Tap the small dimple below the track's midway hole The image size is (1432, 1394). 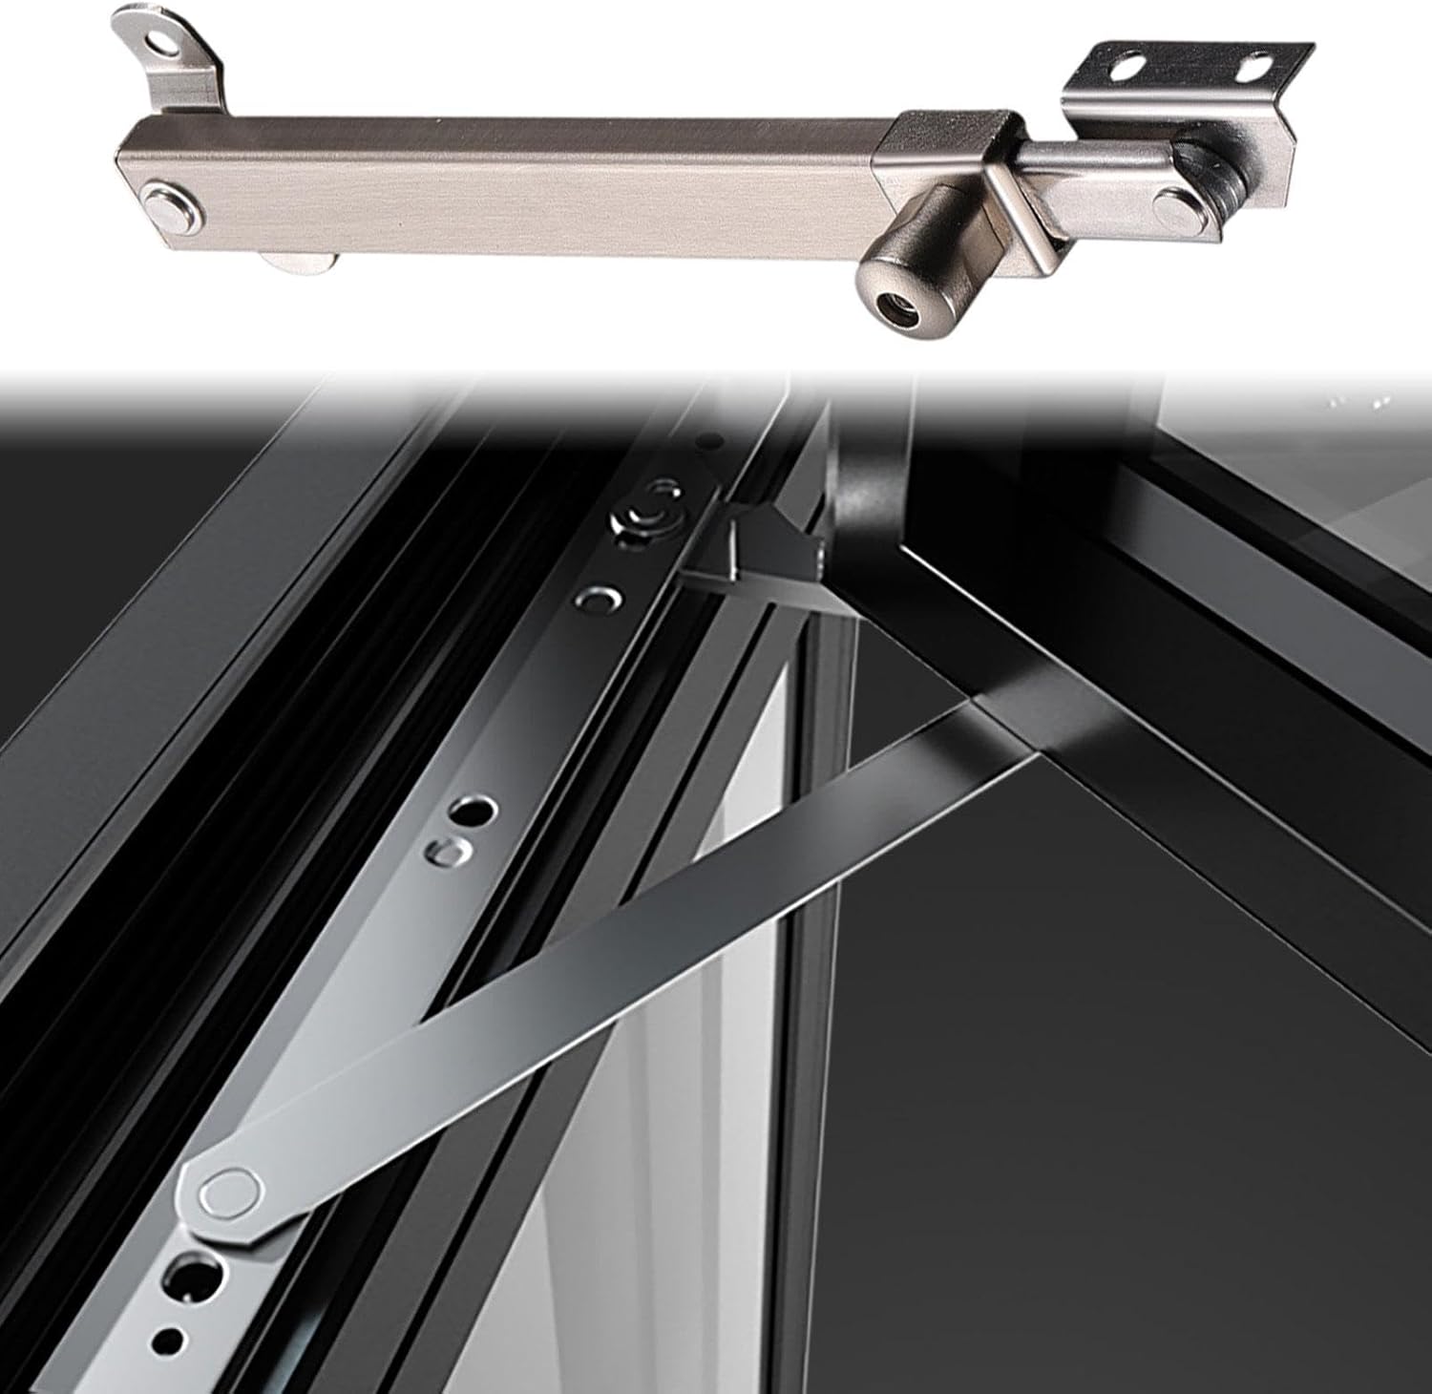(445, 850)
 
